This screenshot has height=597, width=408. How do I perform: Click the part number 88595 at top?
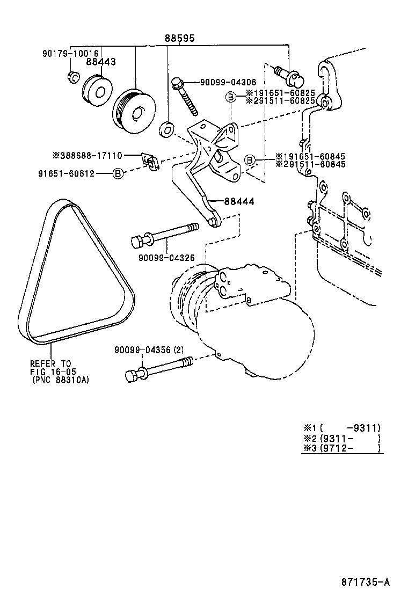179,39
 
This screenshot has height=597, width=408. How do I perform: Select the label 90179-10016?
70,54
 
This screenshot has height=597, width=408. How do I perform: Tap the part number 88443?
100,62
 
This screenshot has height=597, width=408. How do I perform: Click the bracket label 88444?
238,201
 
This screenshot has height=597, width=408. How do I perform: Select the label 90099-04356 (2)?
149,350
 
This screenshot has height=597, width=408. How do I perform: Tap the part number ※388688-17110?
87,156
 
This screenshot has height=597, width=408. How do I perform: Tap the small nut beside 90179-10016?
73,78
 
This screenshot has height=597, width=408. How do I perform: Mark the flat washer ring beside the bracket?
167,129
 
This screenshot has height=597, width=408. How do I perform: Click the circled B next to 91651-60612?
118,173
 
